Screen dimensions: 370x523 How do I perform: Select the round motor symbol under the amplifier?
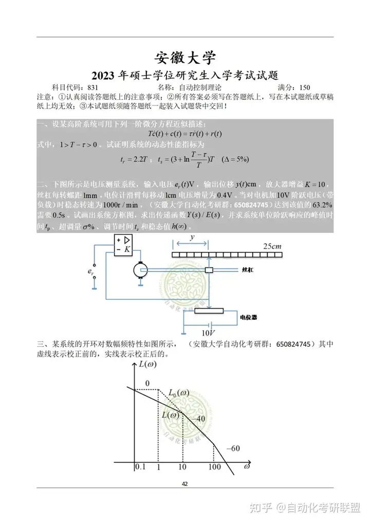139,269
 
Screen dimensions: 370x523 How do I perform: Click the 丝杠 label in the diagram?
247,269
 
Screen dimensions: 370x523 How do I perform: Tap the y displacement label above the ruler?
192,237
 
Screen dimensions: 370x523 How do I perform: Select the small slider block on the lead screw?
209,270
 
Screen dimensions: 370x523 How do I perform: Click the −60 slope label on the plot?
233,448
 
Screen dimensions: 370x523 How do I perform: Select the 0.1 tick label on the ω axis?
140,467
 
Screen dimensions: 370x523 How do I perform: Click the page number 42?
185,484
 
